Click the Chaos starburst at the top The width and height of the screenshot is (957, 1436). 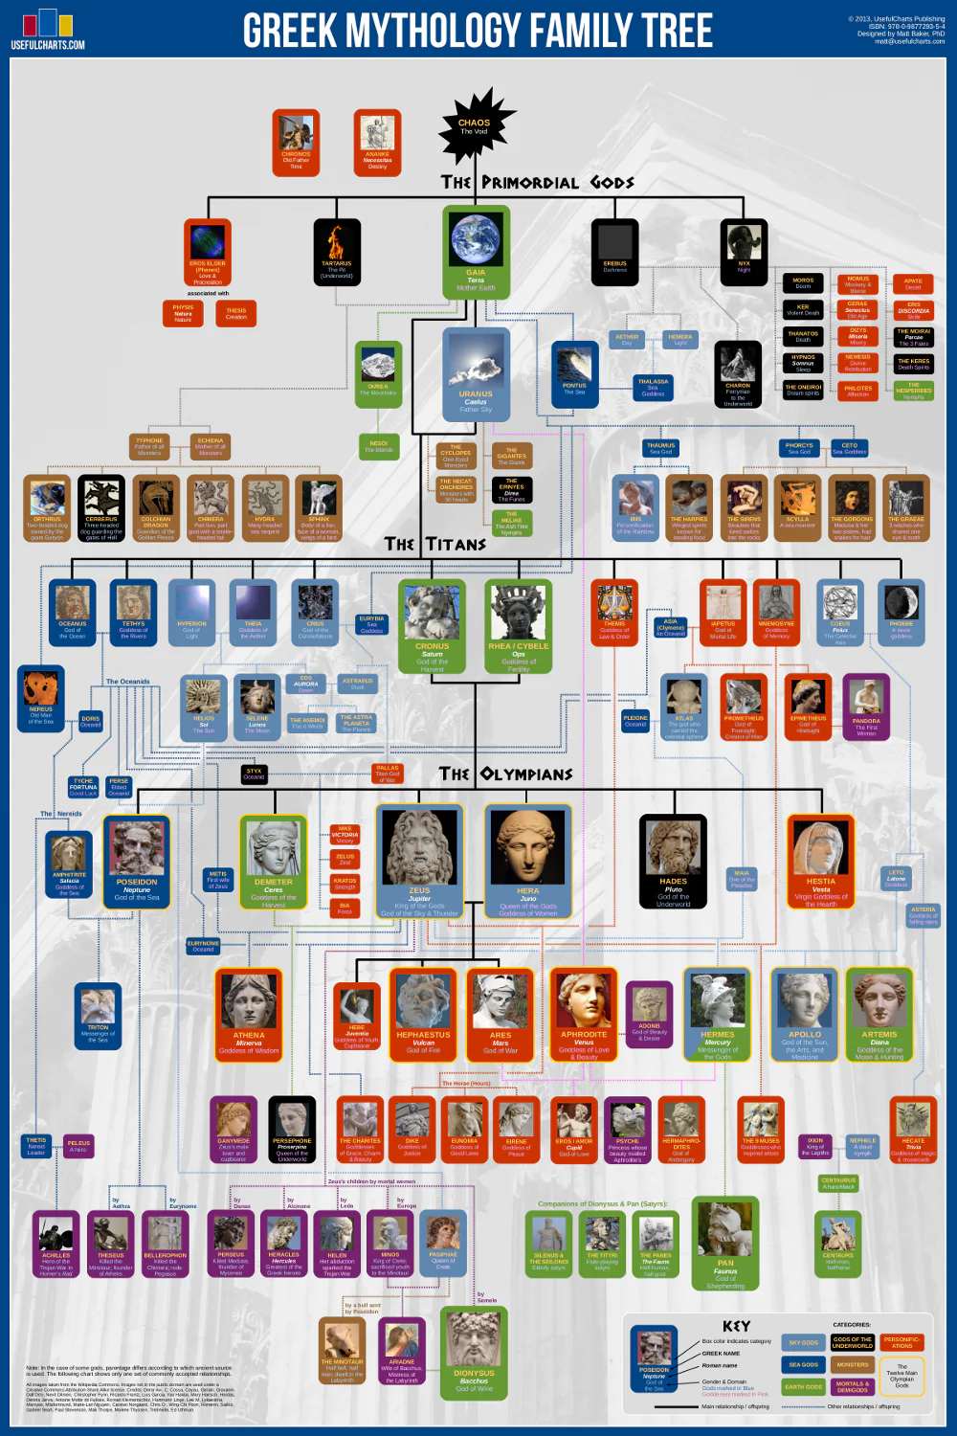476,125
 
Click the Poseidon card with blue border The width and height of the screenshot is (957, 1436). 137,860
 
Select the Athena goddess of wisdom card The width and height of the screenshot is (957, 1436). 249,1013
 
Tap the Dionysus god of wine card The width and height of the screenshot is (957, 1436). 474,1351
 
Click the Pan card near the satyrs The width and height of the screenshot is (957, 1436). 725,1245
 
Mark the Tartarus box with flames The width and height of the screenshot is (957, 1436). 337,251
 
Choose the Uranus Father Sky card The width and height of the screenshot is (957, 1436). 476,373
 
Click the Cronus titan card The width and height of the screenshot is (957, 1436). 432,625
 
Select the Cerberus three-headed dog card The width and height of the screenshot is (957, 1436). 101,507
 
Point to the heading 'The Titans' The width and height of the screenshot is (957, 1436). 434,544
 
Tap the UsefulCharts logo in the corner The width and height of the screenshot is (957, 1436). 48,29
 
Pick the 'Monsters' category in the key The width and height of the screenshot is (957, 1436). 853,1364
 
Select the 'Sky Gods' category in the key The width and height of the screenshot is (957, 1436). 804,1342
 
